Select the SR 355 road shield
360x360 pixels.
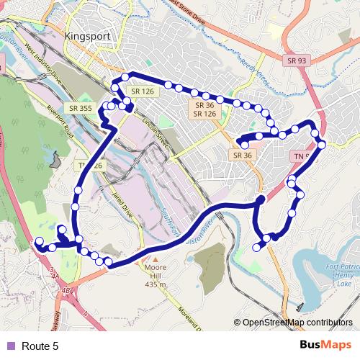pyautogui.click(x=83, y=108)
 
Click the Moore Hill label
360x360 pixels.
pyautogui.click(x=156, y=268)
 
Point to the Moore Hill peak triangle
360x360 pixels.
pyautogui.click(x=154, y=257)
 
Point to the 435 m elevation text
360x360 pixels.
pyautogui.click(x=156, y=285)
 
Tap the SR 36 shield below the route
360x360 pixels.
pyautogui.click(x=242, y=154)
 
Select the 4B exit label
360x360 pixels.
pyautogui.click(x=68, y=290)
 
